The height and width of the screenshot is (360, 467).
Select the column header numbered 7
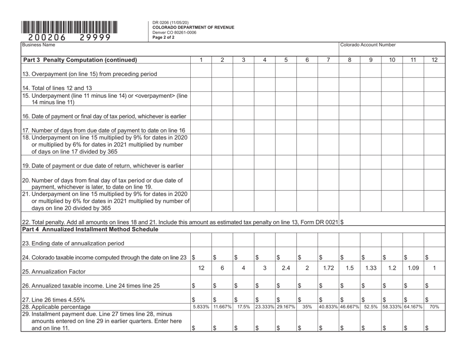click(x=328, y=60)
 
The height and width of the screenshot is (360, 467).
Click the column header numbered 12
click(x=434, y=60)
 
